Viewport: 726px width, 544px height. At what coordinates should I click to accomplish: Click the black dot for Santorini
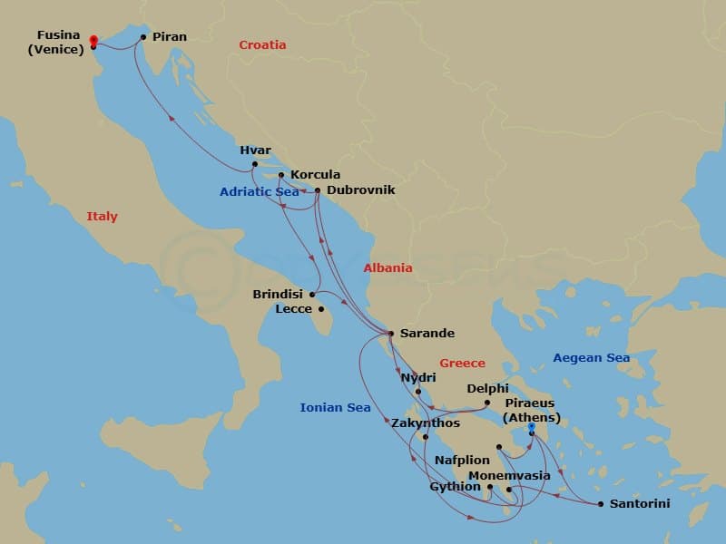click(x=601, y=504)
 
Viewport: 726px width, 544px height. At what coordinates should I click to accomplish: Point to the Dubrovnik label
click(x=359, y=190)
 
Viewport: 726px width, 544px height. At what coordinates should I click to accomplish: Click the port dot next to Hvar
click(x=255, y=164)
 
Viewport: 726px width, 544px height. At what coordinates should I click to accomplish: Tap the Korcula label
click(x=315, y=174)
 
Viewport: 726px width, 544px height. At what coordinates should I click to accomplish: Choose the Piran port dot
click(x=143, y=37)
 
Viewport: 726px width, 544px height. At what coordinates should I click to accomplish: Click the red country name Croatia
click(x=262, y=44)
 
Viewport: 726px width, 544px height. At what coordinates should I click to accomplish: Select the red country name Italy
click(x=102, y=217)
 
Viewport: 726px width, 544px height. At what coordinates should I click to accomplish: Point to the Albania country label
click(x=388, y=267)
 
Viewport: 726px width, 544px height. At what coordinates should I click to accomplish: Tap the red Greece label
click(x=462, y=363)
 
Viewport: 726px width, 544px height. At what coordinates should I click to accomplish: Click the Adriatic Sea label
click(x=259, y=191)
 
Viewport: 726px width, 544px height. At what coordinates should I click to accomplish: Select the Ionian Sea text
click(x=335, y=407)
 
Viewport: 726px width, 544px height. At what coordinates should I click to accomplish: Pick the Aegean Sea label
click(x=591, y=358)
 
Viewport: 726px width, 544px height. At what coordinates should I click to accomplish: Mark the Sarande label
click(x=427, y=333)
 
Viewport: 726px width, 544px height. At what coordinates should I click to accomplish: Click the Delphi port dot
click(x=487, y=403)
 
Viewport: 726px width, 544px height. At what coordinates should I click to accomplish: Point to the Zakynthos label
click(x=426, y=423)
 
